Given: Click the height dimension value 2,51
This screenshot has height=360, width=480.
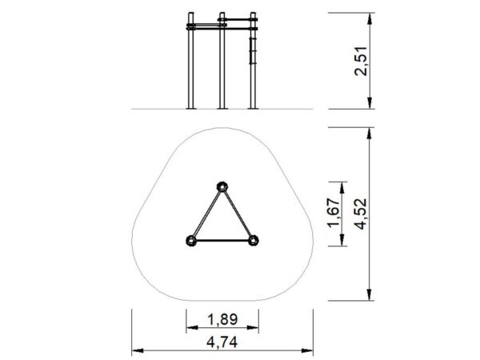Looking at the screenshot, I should (x=361, y=61).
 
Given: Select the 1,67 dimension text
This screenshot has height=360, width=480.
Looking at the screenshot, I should (x=335, y=214).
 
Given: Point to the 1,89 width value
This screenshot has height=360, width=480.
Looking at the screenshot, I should (x=222, y=319).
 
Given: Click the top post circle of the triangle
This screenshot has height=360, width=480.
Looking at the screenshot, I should (x=222, y=187).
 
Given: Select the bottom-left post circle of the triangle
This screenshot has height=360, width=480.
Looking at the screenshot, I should (x=191, y=240).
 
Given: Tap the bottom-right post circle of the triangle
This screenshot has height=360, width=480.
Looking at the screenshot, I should (x=254, y=240).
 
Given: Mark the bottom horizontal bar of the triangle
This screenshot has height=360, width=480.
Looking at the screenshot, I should (x=222, y=240).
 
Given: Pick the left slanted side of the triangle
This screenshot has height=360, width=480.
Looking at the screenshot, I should (x=206, y=214).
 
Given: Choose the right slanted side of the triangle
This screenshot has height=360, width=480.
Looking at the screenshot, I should (x=238, y=214).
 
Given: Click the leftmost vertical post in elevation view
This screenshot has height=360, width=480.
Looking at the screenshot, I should (x=191, y=64).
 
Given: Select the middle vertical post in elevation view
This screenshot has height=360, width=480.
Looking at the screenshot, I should (x=222, y=64).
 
